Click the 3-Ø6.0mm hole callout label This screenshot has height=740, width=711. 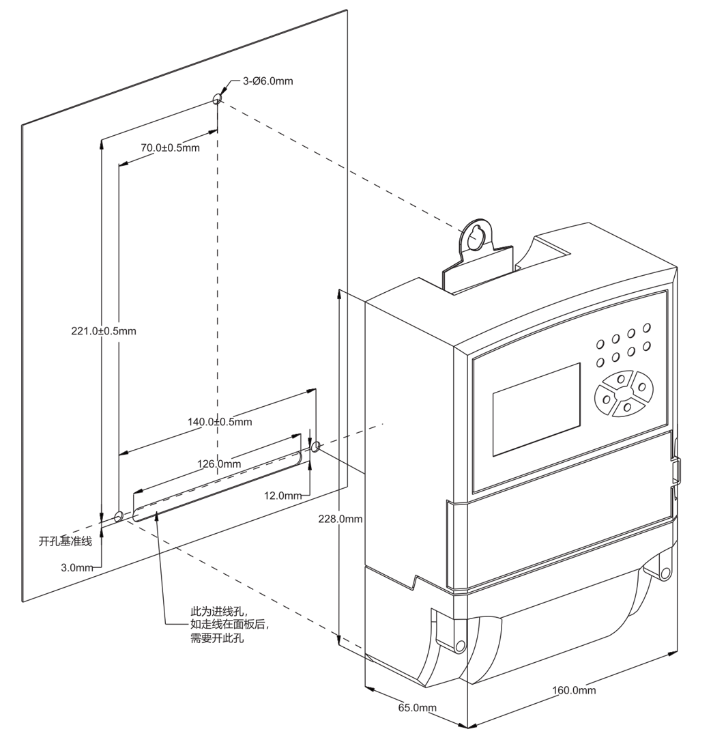267,81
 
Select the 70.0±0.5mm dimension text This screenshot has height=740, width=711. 171,147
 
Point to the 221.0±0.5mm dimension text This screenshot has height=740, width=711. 104,331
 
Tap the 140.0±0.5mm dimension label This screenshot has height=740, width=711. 220,421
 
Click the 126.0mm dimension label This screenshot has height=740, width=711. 219,464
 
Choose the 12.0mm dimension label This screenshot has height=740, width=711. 282,496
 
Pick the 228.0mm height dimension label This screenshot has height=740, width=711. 340,519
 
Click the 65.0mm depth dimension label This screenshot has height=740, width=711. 418,708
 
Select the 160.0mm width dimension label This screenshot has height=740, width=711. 574,690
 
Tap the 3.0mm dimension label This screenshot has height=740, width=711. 77,568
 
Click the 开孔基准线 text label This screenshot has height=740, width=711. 65,541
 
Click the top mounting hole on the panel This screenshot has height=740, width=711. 217,99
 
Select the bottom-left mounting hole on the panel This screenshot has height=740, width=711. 119,516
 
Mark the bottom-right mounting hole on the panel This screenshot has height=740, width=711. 316,446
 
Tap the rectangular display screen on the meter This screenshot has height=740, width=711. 536,409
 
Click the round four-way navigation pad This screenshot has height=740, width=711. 622,393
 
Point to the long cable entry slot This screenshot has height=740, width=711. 218,486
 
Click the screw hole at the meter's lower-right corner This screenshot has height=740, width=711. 665,573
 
